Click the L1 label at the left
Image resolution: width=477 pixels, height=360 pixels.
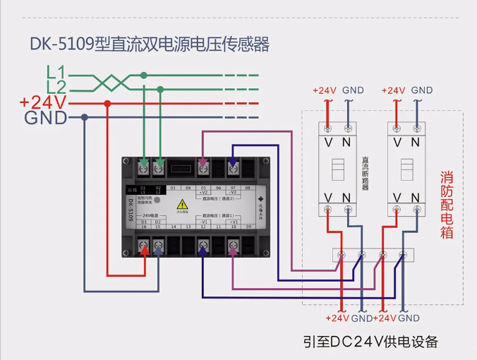[56, 72]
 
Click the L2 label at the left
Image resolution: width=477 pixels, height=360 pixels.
[56, 88]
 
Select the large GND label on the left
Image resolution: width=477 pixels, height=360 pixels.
[46, 118]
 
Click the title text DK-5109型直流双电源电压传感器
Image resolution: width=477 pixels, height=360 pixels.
[149, 44]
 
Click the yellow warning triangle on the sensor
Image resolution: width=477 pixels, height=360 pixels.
[182, 204]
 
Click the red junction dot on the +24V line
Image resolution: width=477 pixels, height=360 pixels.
[107, 103]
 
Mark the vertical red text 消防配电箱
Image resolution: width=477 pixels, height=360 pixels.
[446, 205]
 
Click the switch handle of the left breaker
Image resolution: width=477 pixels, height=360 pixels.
[337, 169]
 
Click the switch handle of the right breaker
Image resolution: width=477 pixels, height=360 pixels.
[406, 169]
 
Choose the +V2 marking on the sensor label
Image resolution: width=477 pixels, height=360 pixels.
[203, 193]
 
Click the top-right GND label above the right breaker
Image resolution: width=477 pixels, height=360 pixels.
[422, 90]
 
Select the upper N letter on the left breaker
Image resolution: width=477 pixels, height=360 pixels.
[346, 142]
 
